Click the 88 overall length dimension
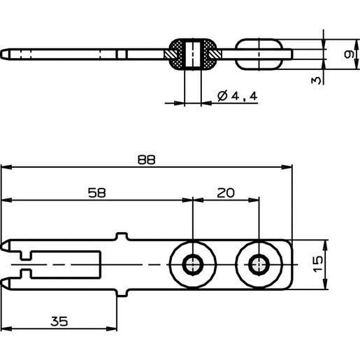(x=146, y=160)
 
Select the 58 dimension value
(x=96, y=193)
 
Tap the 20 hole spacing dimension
(x=226, y=193)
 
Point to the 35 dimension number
(x=59, y=322)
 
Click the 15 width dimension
(x=318, y=264)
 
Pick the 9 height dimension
(x=349, y=55)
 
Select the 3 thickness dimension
(x=316, y=80)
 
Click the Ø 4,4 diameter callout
(x=237, y=96)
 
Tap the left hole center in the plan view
(x=193, y=265)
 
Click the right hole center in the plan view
(x=259, y=265)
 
